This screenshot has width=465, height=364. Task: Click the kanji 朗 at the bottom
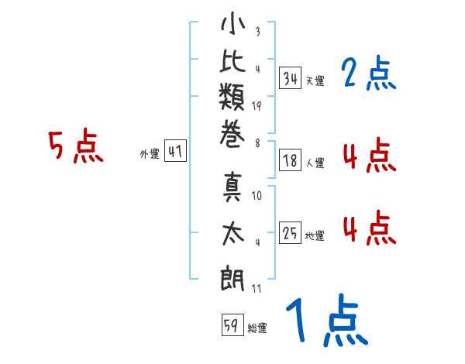232,278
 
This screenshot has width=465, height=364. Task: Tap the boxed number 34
290,78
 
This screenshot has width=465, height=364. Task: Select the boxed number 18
290,161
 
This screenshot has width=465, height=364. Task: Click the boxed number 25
290,233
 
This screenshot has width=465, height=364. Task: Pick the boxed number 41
175,153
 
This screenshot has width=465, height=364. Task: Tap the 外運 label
149,154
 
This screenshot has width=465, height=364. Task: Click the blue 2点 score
368,74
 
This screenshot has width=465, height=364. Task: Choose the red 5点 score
76,146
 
